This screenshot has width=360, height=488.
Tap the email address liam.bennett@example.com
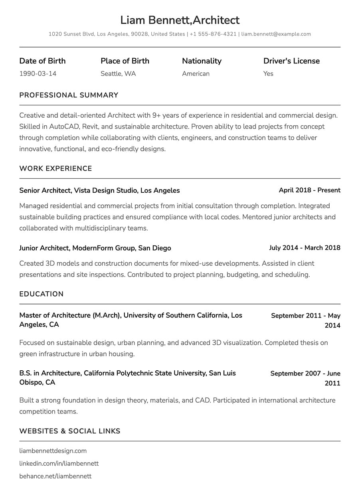pyautogui.click(x=276, y=34)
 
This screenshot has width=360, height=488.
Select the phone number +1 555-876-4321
pyautogui.click(x=213, y=34)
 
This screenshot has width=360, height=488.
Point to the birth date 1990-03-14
pyautogui.click(x=38, y=73)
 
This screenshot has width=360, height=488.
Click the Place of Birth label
pyautogui.click(x=125, y=61)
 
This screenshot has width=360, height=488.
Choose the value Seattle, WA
pyautogui.click(x=118, y=73)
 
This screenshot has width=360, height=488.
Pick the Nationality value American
pyautogui.click(x=196, y=73)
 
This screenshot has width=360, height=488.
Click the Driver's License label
pyautogui.click(x=291, y=61)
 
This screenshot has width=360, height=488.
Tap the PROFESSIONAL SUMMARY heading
pyautogui.click(x=69, y=95)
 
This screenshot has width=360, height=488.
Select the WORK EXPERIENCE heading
pyautogui.click(x=55, y=168)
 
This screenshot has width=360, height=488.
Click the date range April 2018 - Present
pyautogui.click(x=309, y=190)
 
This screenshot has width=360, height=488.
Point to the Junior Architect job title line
pyautogui.click(x=95, y=248)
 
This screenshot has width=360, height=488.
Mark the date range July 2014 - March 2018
pyautogui.click(x=305, y=248)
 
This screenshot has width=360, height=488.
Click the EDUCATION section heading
pyautogui.click(x=42, y=294)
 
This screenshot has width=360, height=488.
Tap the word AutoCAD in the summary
pyautogui.click(x=63, y=126)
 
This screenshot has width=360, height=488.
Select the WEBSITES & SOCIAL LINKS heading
pyautogui.click(x=70, y=431)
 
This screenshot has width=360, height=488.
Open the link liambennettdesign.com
pyautogui.click(x=53, y=451)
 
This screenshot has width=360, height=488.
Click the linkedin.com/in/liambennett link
pyautogui.click(x=59, y=464)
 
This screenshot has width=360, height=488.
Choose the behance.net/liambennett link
pyautogui.click(x=55, y=476)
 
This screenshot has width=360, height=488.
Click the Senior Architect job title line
pyautogui.click(x=99, y=190)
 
